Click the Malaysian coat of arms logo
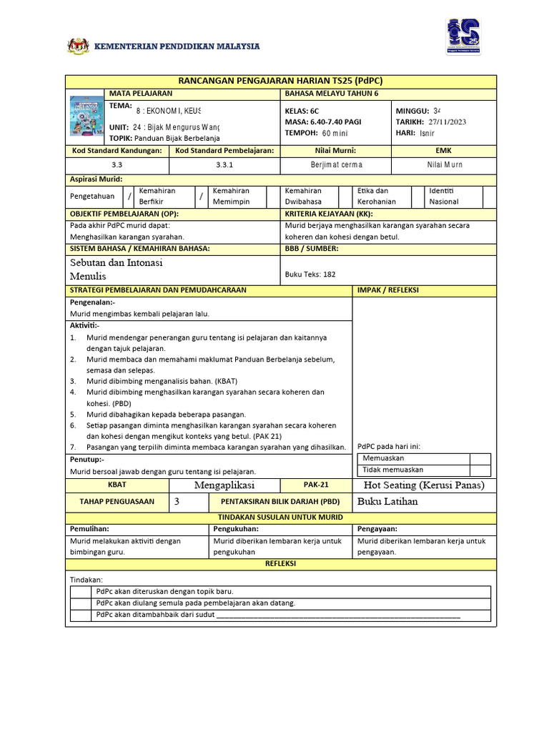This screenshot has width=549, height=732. pyautogui.click(x=79, y=46)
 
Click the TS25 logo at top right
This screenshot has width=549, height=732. pyautogui.click(x=463, y=36)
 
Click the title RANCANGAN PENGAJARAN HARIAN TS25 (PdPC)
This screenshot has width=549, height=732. pyautogui.click(x=280, y=81)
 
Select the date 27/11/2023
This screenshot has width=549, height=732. pyautogui.click(x=447, y=122)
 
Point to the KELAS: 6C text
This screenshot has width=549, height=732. pyautogui.click(x=302, y=112)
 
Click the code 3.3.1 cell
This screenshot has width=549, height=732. pyautogui.click(x=225, y=164)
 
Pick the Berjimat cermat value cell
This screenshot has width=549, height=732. pyautogui.click(x=337, y=164)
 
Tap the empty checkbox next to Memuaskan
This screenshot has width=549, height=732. pyautogui.click(x=480, y=459)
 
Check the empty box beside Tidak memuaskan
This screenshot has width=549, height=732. pyautogui.click(x=480, y=470)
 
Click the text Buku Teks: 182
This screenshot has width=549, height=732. pyautogui.click(x=310, y=274)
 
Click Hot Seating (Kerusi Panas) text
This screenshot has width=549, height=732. pyautogui.click(x=424, y=485)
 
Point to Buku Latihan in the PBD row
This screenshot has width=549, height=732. pyautogui.click(x=387, y=501)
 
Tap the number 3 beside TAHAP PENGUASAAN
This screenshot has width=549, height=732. pyautogui.click(x=177, y=501)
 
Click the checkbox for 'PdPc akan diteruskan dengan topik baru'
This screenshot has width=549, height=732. pyautogui.click(x=81, y=591)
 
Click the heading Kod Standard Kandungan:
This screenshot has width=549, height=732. pyautogui.click(x=117, y=151)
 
